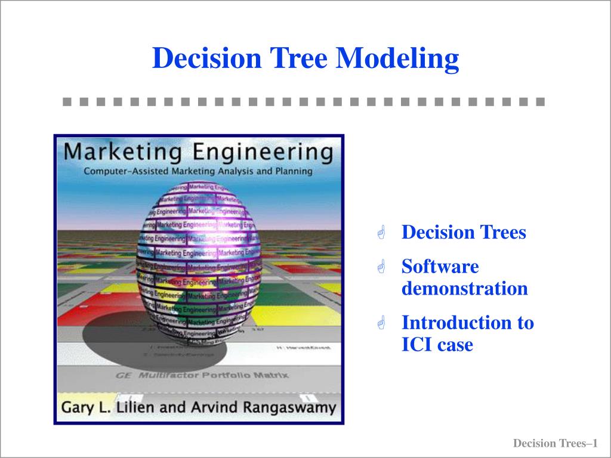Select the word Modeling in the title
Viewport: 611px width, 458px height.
[398, 59]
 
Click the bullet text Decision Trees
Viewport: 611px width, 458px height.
[464, 232]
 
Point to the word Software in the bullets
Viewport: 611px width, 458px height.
[440, 266]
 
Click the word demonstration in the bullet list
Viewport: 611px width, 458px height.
[464, 289]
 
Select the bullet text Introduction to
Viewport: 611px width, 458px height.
[467, 323]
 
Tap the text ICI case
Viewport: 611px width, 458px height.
[437, 345]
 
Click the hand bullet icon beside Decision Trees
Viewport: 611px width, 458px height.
[382, 233]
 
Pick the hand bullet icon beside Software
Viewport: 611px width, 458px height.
[382, 267]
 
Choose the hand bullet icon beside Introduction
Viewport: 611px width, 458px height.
[382, 324]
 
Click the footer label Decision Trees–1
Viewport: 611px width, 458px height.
[555, 443]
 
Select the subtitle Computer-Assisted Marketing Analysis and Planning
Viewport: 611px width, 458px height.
[198, 171]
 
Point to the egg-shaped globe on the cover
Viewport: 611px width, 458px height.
[197, 262]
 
